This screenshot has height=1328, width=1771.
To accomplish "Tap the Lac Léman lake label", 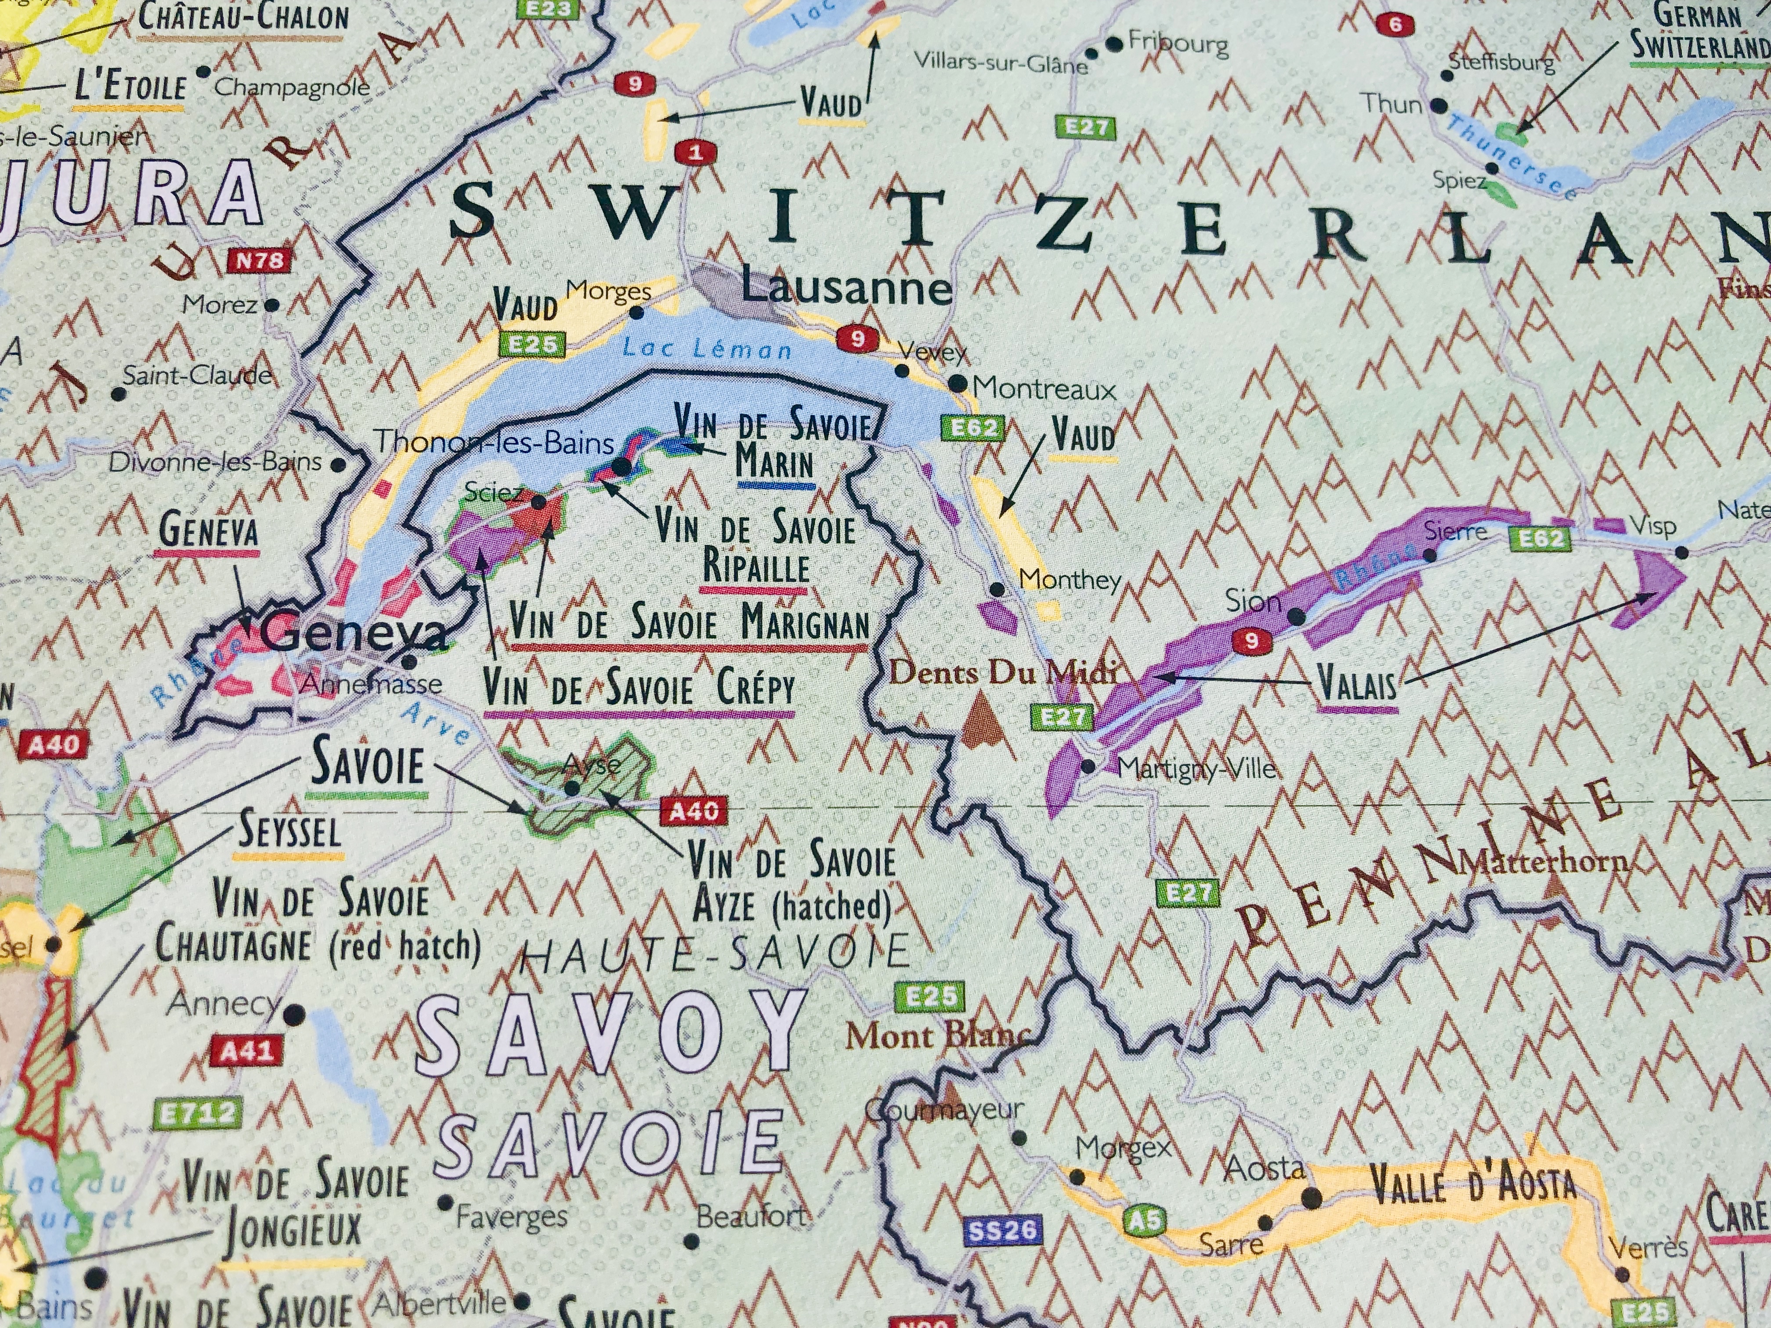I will [x=707, y=349].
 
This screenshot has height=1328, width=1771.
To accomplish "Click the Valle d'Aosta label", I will [x=1471, y=1186].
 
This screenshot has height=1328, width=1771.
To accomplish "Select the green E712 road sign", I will [x=197, y=1113].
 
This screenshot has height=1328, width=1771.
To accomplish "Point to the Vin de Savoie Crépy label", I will [x=640, y=689].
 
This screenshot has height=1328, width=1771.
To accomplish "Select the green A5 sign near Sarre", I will [x=1145, y=1220].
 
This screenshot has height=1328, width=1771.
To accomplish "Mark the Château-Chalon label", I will [x=243, y=18].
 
